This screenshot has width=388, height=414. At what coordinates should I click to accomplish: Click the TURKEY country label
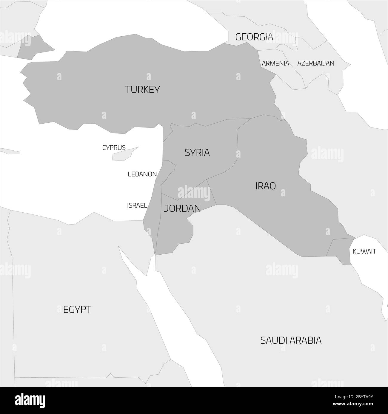pos(142,89)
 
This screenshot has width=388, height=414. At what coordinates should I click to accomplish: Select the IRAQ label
pos(265,186)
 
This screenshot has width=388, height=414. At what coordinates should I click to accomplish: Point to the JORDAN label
pos(182,208)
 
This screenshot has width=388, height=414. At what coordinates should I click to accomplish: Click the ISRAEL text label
pos(137,205)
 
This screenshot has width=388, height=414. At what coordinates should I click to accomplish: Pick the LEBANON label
pos(142,174)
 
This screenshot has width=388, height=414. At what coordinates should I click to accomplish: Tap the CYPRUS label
pos(114,148)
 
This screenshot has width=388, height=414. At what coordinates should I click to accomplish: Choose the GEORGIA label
pos(254,37)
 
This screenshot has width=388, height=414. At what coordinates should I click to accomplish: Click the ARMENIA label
pos(275,63)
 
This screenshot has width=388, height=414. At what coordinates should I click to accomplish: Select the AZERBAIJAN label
pos(315,63)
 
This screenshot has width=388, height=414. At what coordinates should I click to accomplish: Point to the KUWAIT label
pos(364,251)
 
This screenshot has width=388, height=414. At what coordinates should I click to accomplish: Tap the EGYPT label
pos(77,309)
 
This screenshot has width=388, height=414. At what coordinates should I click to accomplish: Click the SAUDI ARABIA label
pos(291,340)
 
